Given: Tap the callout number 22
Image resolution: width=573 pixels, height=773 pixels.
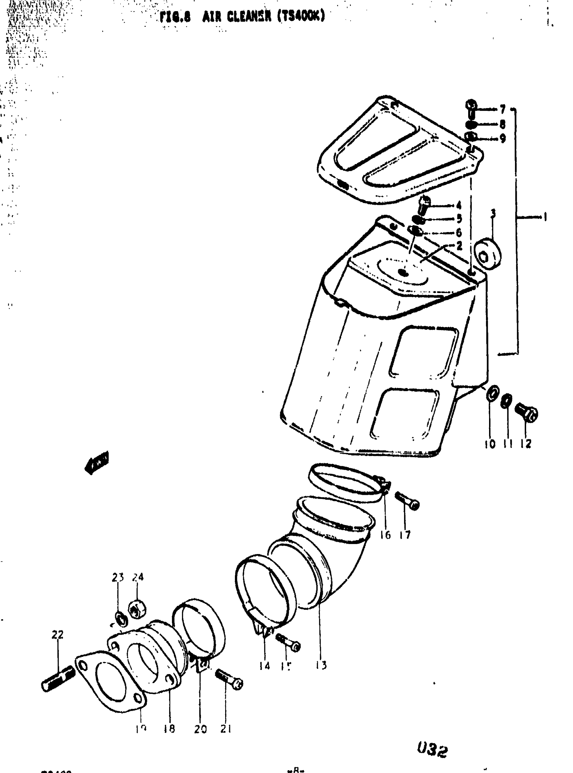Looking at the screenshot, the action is [x=58, y=635].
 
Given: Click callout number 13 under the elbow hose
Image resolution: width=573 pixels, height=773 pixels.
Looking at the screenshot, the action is [x=321, y=665].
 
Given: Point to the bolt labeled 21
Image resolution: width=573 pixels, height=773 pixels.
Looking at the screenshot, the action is [x=229, y=679].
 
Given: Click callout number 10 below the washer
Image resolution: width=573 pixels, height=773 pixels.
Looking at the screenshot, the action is [x=490, y=444].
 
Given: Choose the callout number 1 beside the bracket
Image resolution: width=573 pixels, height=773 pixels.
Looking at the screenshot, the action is [x=545, y=217].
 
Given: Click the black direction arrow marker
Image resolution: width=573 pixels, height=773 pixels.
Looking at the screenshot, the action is [x=96, y=462].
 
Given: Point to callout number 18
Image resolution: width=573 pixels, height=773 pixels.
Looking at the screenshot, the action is [x=170, y=729].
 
